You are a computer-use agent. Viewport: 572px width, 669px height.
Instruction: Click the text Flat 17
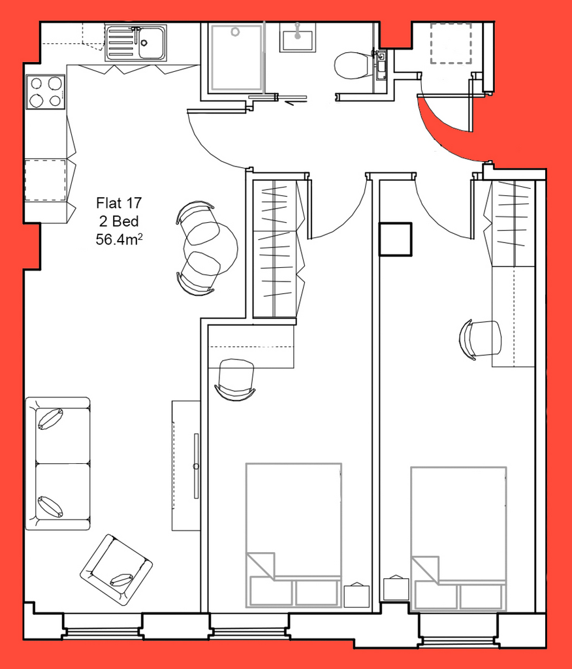pyautogui.click(x=119, y=203)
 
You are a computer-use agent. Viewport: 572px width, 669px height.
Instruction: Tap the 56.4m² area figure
pyautogui.click(x=119, y=239)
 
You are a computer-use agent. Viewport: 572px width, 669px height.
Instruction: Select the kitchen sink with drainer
pyautogui.click(x=136, y=42)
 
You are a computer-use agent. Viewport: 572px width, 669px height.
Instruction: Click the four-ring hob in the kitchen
pyautogui.click(x=46, y=91)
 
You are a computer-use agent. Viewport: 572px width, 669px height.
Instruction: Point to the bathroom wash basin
pyautogui.click(x=298, y=37)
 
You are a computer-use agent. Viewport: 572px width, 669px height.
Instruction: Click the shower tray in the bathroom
pyautogui.click(x=236, y=57)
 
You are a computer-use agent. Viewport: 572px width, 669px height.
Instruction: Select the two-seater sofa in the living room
pyautogui.click(x=57, y=463)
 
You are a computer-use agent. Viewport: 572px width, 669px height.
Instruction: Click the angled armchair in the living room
pyautogui.click(x=116, y=569)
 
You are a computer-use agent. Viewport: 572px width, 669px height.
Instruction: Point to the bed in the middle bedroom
pyautogui.click(x=293, y=535)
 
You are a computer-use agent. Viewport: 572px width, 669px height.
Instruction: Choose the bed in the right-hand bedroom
pyautogui.click(x=458, y=538)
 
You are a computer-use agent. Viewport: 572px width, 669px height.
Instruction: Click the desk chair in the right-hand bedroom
pyautogui.click(x=481, y=339)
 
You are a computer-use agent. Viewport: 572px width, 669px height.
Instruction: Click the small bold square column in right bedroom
pyautogui.click(x=396, y=239)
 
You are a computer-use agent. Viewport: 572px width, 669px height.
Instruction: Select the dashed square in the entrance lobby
pyautogui.click(x=451, y=44)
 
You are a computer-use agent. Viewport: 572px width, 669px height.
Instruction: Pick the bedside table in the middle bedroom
pyautogui.click(x=357, y=596)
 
